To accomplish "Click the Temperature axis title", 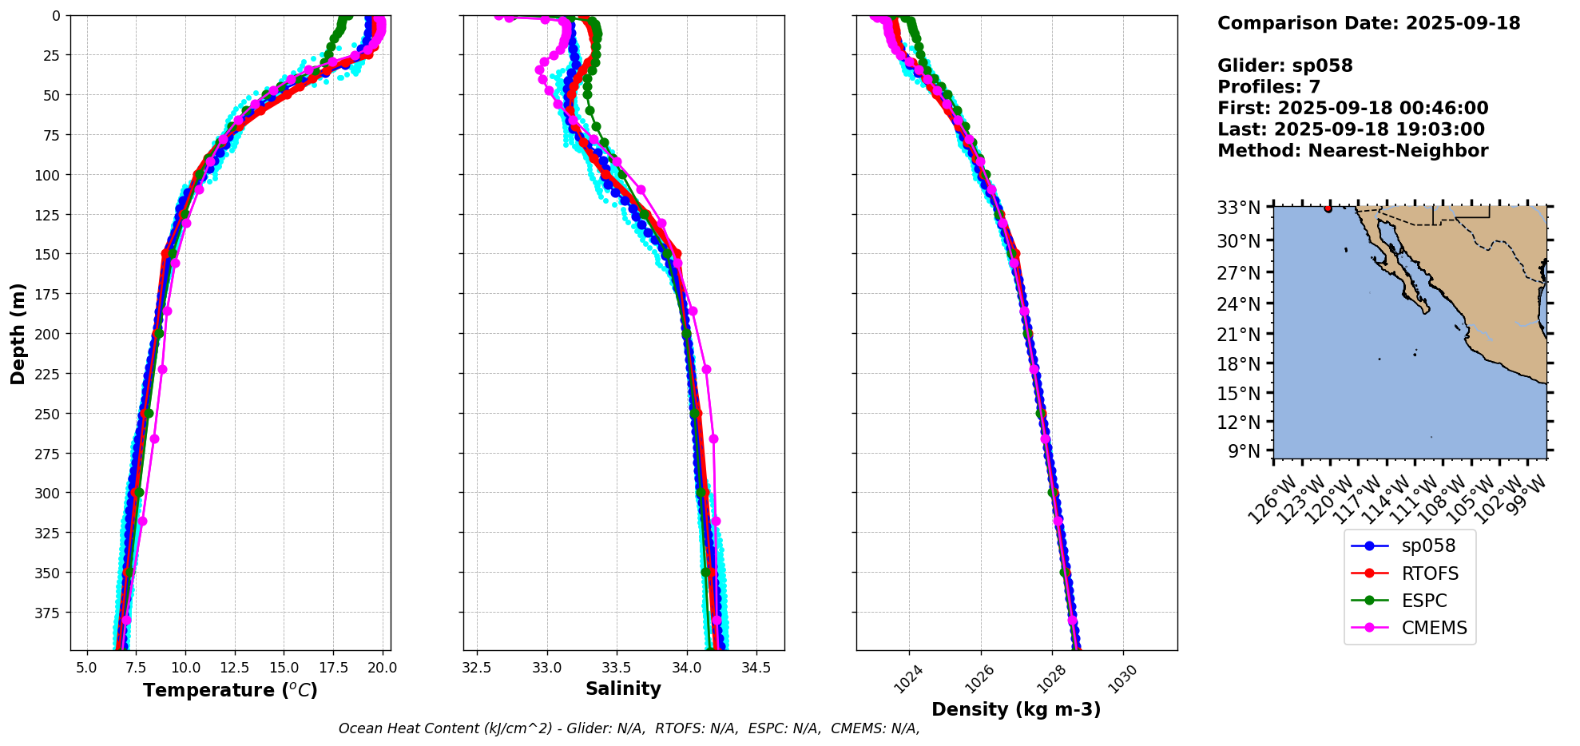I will pyautogui.click(x=230, y=690).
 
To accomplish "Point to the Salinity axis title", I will pyautogui.click(x=623, y=689).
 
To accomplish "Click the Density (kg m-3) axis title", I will pyautogui.click(x=1016, y=709).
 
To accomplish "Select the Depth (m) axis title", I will pyautogui.click(x=18, y=333).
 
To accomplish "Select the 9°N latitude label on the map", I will pyautogui.click(x=1243, y=451).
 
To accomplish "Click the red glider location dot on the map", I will pyautogui.click(x=1328, y=208).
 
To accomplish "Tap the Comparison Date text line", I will pyautogui.click(x=1368, y=23).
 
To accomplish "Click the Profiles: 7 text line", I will pyautogui.click(x=1268, y=87).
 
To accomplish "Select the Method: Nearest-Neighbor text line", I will pyautogui.click(x=1352, y=151).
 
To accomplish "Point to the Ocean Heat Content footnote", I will pyautogui.click(x=629, y=728).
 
